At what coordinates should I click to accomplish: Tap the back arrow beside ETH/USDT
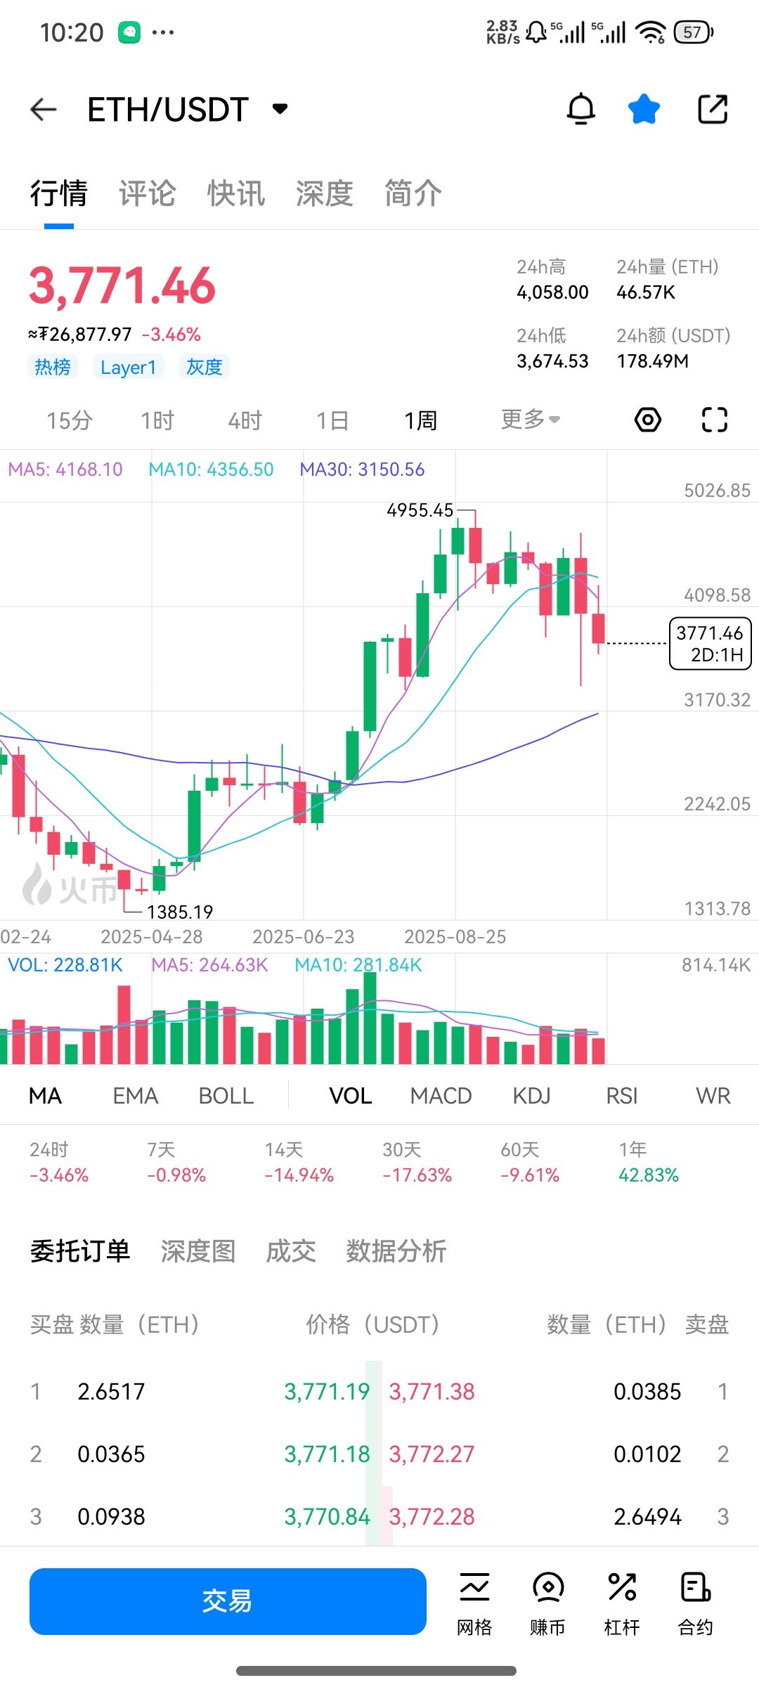pos(44,110)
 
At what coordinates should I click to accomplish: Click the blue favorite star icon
pos(644,110)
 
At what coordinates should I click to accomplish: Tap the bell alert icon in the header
pos(581,110)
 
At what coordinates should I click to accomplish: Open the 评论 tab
pos(147,194)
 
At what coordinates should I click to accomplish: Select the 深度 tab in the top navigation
pos(324,194)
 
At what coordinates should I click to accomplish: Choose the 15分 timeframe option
pos(70,420)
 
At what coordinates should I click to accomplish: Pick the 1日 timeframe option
pos(332,420)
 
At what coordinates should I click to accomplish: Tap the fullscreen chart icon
pos(714,420)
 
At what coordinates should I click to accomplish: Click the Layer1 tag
pos(128,367)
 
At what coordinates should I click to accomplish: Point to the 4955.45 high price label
pos(420,510)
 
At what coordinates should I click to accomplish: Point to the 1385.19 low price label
pos(179,912)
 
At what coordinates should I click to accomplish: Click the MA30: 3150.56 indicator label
pos(362,470)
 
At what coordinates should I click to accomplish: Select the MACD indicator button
pos(441,1096)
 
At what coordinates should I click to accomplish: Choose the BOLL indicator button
pos(226,1096)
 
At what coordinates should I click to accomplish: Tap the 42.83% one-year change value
pos(648,1175)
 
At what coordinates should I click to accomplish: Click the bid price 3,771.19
pos(327,1392)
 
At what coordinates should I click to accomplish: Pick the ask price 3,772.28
pos(432,1517)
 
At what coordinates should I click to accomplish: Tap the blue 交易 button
pos(228,1601)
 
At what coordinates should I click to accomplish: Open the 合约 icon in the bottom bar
pos(695,1601)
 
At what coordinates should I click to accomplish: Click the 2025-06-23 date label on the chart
pos(303,937)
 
